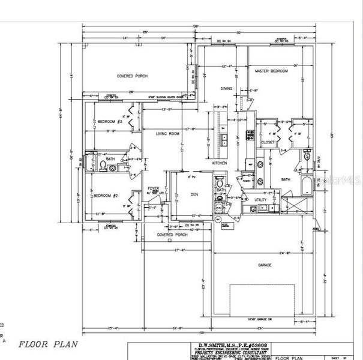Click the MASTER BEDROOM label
point(271,71)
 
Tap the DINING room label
point(226,88)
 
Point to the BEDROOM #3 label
point(110,122)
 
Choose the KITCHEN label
point(219,163)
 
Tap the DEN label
point(194,194)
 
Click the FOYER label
point(154,188)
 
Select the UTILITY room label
point(260,199)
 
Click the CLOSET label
point(268,142)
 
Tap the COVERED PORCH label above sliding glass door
point(131,76)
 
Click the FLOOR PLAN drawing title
point(47,345)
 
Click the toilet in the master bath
point(307,156)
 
